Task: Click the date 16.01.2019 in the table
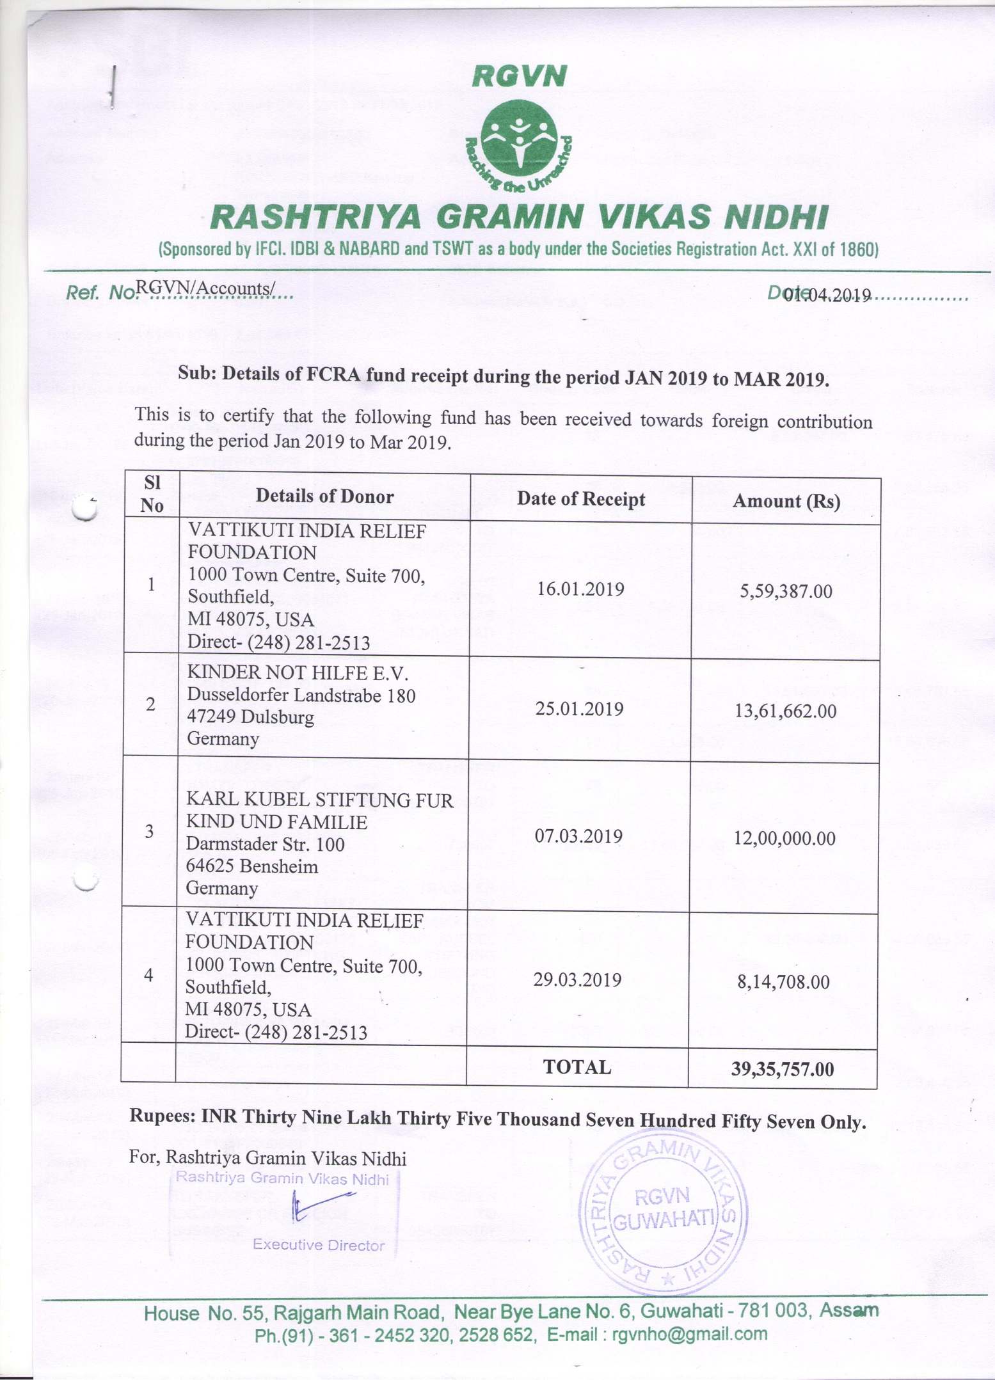pos(580,589)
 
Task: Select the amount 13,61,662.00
pos(785,711)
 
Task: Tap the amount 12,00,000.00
pos(784,838)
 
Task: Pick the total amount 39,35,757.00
pos(783,1069)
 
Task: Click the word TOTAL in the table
pos(577,1067)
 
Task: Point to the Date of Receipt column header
pos(581,499)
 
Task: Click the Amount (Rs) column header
pos(786,501)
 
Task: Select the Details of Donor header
pos(324,496)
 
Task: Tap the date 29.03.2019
pos(577,979)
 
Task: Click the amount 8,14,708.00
pos(783,981)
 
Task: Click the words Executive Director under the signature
pos(319,1244)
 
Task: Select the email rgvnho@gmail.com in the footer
pos(689,1334)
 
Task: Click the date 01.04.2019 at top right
pos(829,295)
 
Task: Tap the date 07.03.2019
pos(578,836)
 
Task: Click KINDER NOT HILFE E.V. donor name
pos(298,672)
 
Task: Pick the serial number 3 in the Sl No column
pos(149,831)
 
